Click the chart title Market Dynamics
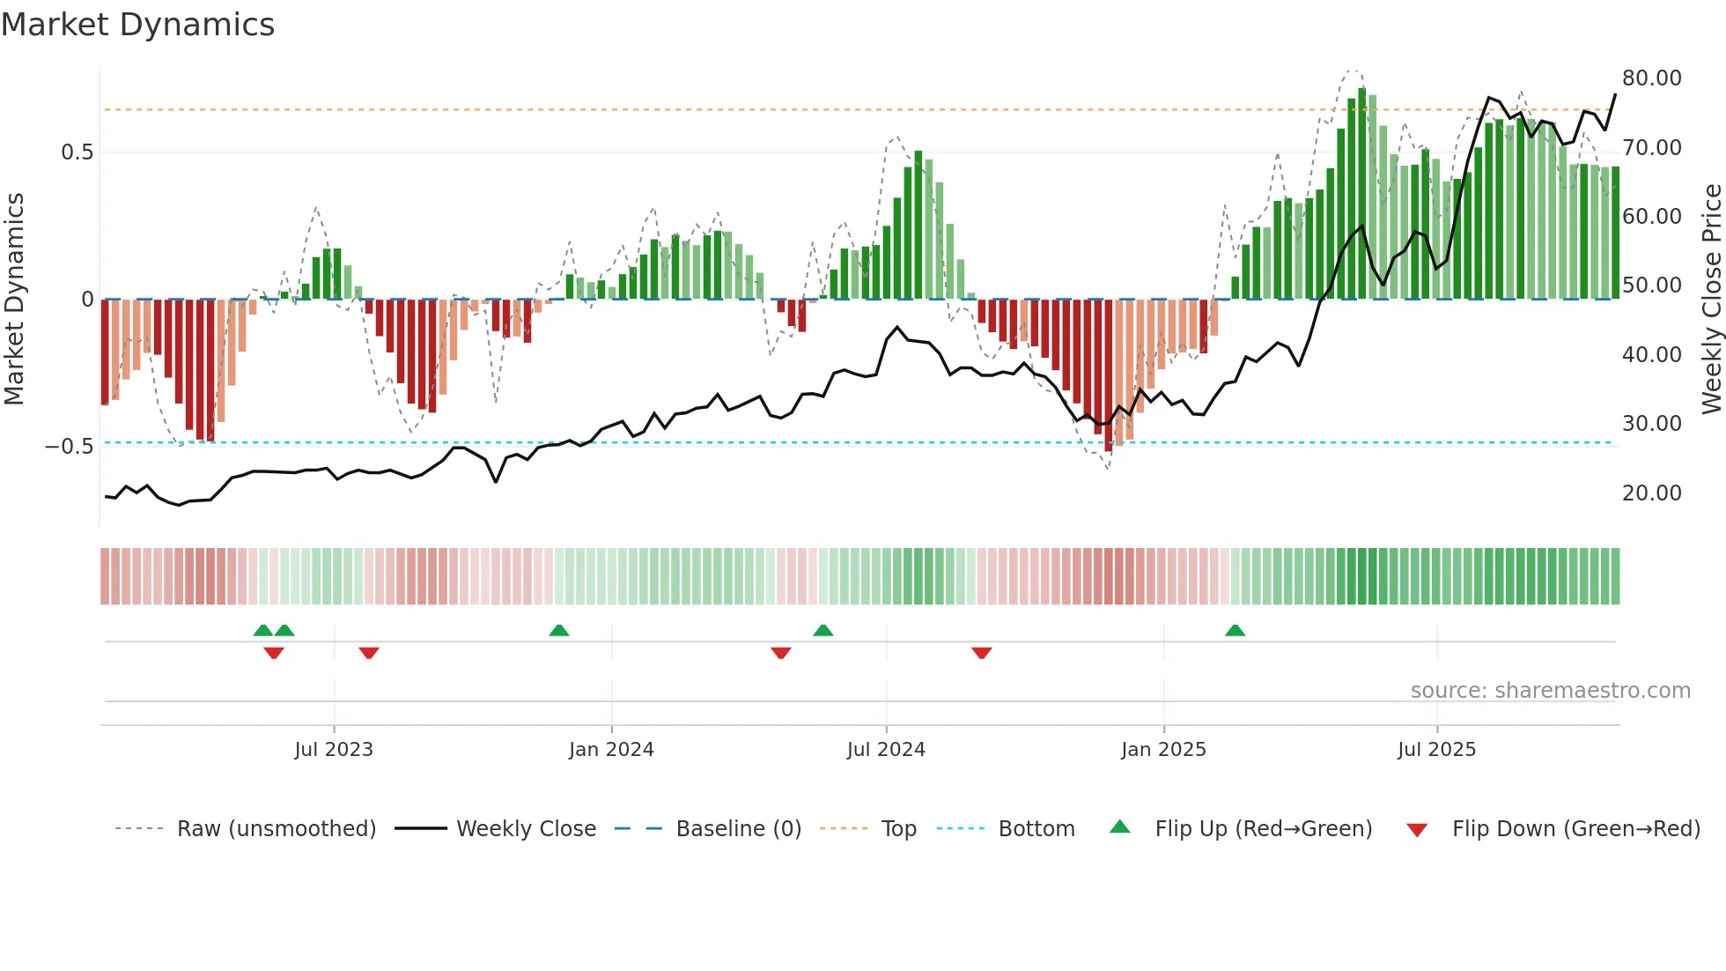point(138,25)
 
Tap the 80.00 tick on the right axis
point(1651,78)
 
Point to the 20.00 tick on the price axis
point(1651,493)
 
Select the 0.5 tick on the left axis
point(77,152)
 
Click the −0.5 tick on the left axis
point(70,447)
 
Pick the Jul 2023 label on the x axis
point(334,750)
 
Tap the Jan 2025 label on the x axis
point(1163,750)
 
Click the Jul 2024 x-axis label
point(886,750)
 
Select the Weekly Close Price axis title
point(1711,300)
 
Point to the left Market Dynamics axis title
point(14,300)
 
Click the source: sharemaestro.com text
point(1550,691)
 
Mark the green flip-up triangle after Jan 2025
point(1235,631)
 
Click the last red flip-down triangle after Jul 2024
point(982,653)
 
